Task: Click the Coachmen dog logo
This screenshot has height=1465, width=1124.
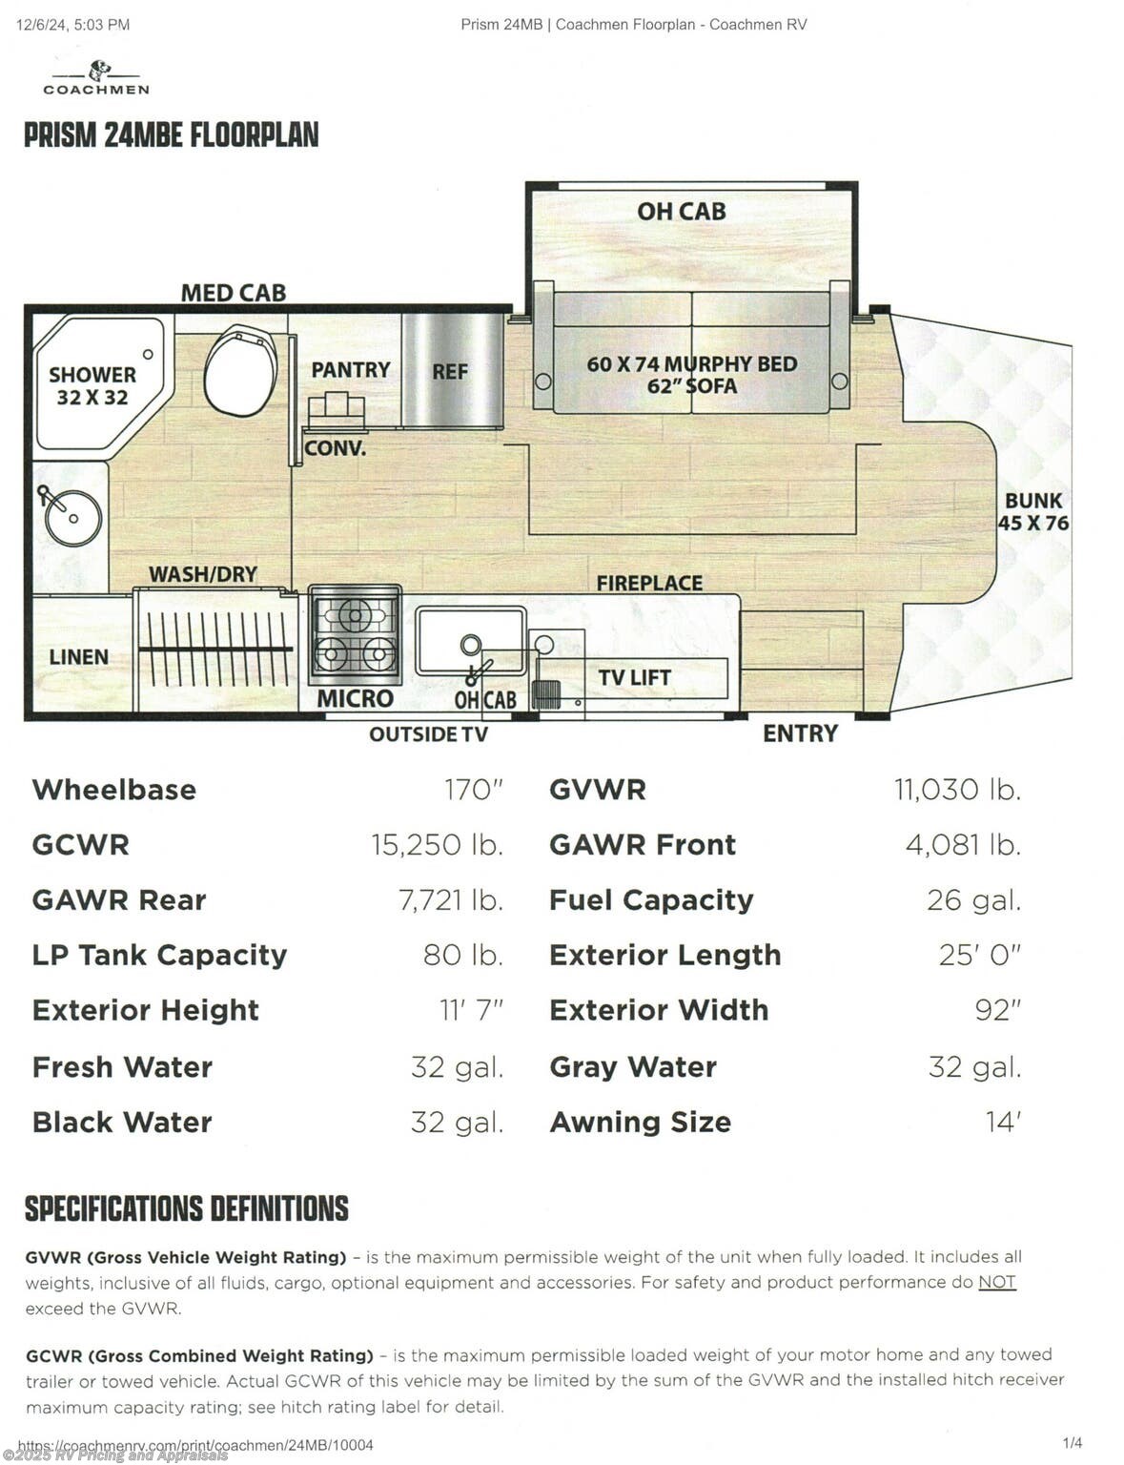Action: (x=99, y=71)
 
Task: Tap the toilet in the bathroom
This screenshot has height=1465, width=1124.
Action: (x=240, y=369)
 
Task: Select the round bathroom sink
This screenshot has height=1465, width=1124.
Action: (x=72, y=518)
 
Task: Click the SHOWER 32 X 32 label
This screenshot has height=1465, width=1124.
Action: (x=92, y=385)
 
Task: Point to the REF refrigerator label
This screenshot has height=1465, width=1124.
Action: (x=450, y=371)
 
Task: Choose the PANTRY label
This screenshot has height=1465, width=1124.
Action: (x=351, y=370)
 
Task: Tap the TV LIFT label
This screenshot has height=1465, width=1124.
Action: (x=635, y=677)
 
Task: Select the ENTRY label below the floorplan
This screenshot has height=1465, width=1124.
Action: (x=801, y=732)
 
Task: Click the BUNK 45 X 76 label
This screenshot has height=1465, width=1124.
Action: (x=1033, y=512)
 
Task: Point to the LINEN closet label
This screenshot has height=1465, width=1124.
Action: (x=79, y=656)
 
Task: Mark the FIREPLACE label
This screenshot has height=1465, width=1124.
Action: (x=649, y=583)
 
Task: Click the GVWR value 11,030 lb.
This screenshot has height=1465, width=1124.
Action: (x=957, y=790)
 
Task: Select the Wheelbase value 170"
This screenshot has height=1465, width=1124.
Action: (x=473, y=790)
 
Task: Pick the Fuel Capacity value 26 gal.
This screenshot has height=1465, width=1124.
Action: (x=973, y=900)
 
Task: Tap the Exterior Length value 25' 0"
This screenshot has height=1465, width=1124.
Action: (x=980, y=955)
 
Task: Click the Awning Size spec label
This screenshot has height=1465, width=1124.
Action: (x=640, y=1123)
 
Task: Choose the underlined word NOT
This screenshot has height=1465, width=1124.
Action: (x=996, y=1282)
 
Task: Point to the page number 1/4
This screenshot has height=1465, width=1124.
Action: (x=1073, y=1443)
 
